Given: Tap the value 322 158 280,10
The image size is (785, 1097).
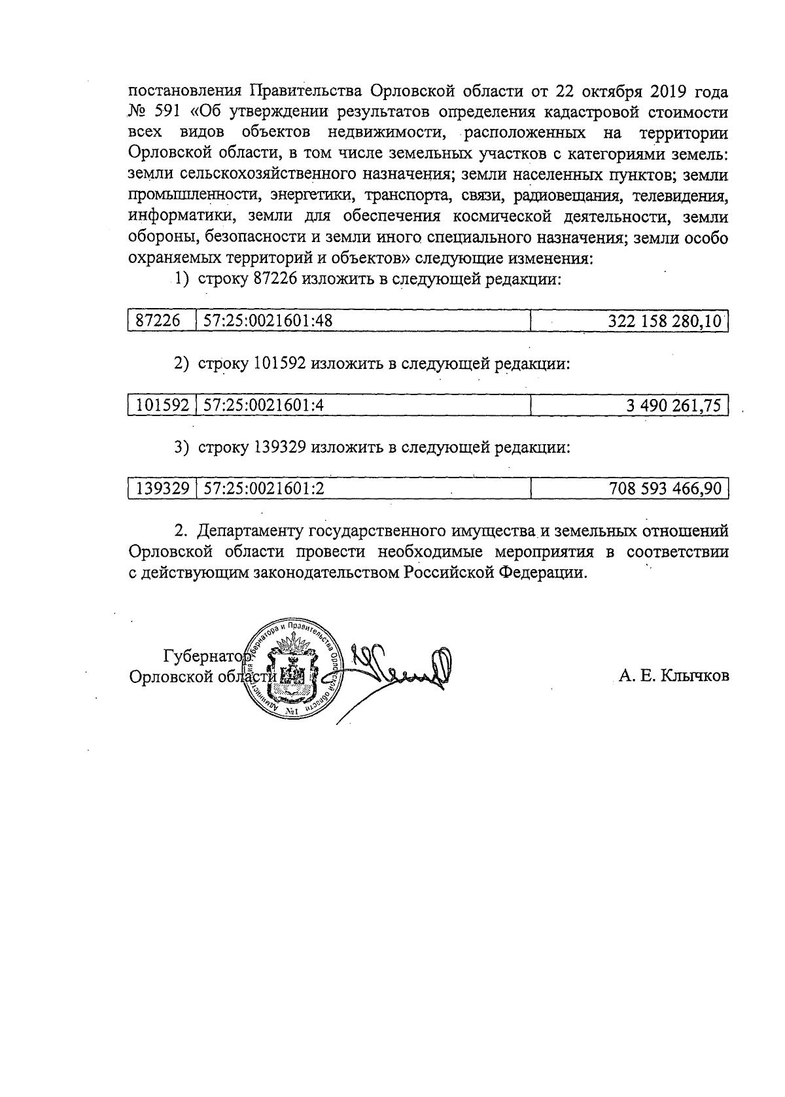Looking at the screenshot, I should point(665,321).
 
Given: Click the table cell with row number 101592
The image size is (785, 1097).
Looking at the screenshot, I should point(162,406).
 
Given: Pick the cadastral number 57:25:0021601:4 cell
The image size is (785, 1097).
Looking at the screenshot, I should point(264,406).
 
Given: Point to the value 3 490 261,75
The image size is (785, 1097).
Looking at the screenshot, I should point(674,406).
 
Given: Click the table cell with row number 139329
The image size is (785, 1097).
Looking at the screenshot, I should point(162,489).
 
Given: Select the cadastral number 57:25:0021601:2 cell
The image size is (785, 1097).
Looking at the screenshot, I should point(264,489).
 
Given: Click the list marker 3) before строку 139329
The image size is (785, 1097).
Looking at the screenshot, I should point(181,448).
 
